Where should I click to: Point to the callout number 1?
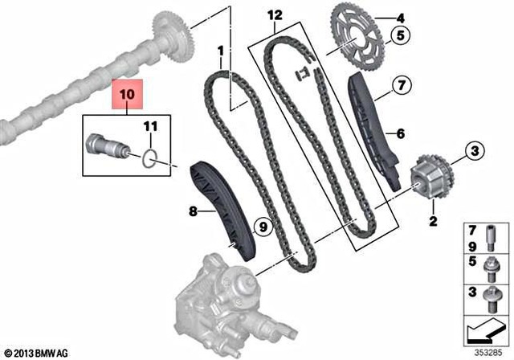pos(219,51)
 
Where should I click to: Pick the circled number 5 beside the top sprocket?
pos(399,35)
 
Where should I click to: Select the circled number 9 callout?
pos(260,227)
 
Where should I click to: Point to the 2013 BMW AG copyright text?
pos(39,352)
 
